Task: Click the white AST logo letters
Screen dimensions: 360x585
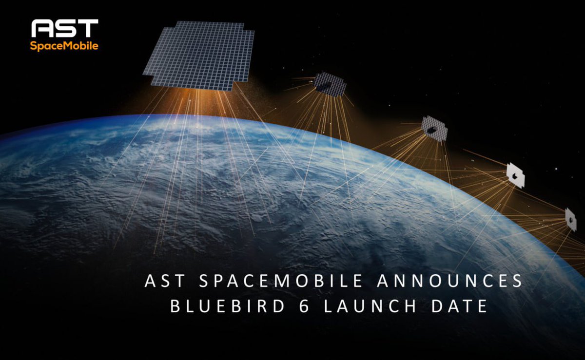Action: tap(65, 29)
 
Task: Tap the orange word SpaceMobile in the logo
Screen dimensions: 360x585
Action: tap(64, 46)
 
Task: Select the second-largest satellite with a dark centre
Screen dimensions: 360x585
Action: tap(330, 84)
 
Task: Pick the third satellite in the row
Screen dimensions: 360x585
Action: tap(434, 129)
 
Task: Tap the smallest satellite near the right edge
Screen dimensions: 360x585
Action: tap(570, 219)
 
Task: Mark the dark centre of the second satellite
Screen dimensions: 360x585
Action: tap(326, 86)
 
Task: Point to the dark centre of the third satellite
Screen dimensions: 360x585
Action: tap(432, 130)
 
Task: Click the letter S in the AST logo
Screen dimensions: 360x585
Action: tap(65, 29)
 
